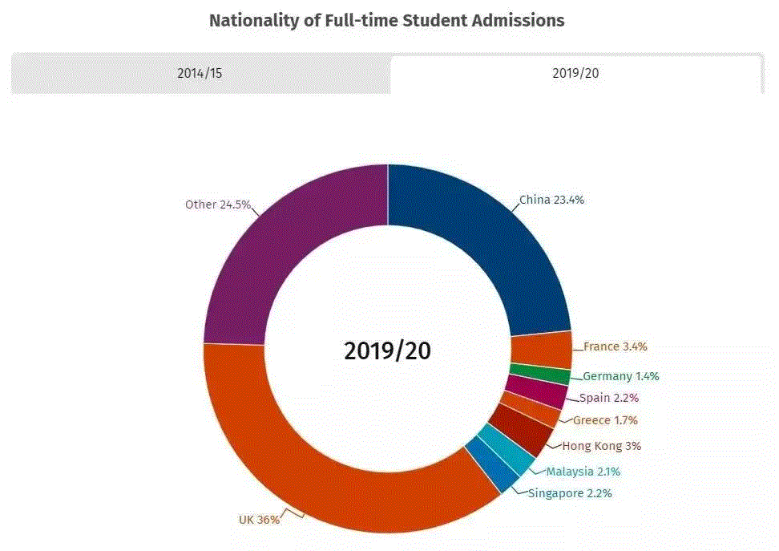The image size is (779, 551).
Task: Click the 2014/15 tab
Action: pyautogui.click(x=200, y=73)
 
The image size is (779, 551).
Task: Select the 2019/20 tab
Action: pyautogui.click(x=575, y=73)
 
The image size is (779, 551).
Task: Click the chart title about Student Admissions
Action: pyautogui.click(x=386, y=21)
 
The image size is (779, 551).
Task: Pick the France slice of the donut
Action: pyautogui.click(x=541, y=350)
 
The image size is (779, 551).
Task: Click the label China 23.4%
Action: pyautogui.click(x=551, y=200)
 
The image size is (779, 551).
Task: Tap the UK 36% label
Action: pyautogui.click(x=259, y=520)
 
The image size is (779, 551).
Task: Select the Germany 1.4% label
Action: pyautogui.click(x=621, y=376)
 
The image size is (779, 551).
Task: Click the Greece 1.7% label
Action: pyautogui.click(x=605, y=420)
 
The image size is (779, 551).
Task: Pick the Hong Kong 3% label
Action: pyautogui.click(x=601, y=446)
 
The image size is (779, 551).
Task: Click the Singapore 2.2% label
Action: pyautogui.click(x=570, y=493)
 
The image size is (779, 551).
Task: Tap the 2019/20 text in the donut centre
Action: pyautogui.click(x=387, y=350)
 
